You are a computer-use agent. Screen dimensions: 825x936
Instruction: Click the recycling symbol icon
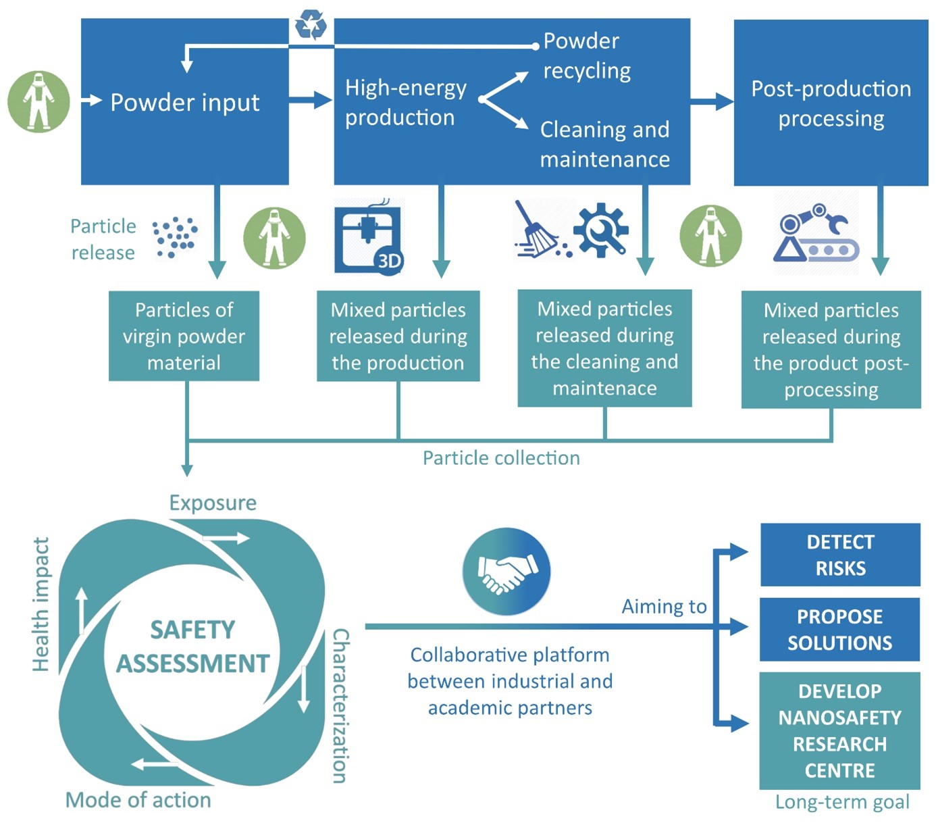[311, 25]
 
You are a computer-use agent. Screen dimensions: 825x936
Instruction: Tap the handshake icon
[506, 572]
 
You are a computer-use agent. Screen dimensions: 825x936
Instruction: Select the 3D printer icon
[369, 239]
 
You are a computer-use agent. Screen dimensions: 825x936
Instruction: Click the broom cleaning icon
[538, 230]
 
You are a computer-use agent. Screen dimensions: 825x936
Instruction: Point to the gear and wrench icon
[601, 230]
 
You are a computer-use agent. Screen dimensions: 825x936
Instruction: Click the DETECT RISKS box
[840, 555]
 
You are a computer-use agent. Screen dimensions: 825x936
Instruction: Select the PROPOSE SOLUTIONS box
[839, 629]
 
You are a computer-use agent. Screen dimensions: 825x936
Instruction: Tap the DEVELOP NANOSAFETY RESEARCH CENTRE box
[839, 730]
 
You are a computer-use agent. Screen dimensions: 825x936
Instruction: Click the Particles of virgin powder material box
[184, 336]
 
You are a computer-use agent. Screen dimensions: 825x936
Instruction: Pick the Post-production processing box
[831, 103]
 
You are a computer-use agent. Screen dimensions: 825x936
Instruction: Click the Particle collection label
[501, 458]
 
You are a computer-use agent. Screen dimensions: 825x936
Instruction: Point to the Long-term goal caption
[842, 802]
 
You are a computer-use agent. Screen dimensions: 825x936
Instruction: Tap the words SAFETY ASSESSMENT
[193, 647]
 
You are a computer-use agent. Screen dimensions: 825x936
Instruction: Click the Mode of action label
[138, 800]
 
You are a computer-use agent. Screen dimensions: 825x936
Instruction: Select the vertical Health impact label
[41, 604]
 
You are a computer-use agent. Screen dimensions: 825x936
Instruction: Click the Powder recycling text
[587, 55]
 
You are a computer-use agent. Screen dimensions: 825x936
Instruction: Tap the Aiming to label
[664, 607]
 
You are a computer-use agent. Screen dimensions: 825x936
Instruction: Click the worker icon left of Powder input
[38, 101]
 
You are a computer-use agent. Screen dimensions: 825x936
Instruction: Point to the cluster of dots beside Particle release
[175, 236]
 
